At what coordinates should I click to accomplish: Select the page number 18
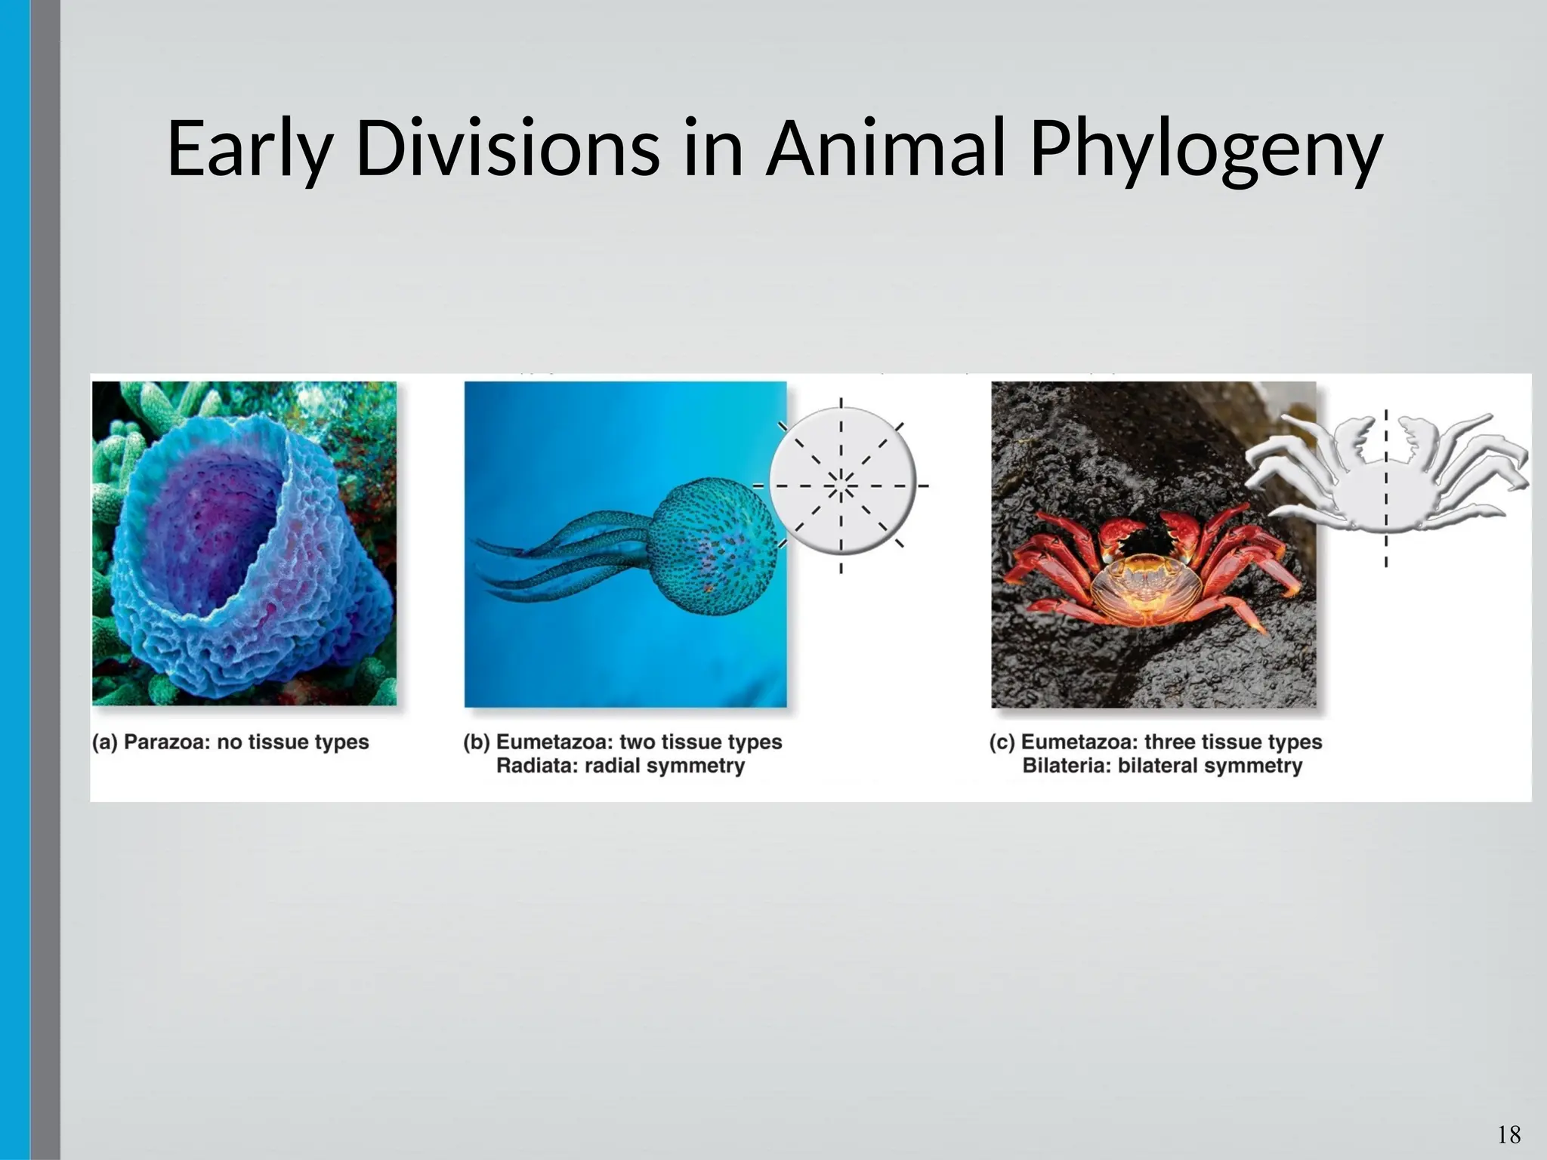pos(1508,1134)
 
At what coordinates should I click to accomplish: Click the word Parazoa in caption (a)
pos(166,742)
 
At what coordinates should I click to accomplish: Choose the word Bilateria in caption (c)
pos(1066,766)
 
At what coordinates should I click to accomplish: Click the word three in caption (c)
pos(1174,742)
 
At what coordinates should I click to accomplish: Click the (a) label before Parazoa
pos(105,742)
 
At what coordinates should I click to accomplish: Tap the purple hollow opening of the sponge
pos(212,529)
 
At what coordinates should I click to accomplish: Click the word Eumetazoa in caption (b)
pos(554,742)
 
